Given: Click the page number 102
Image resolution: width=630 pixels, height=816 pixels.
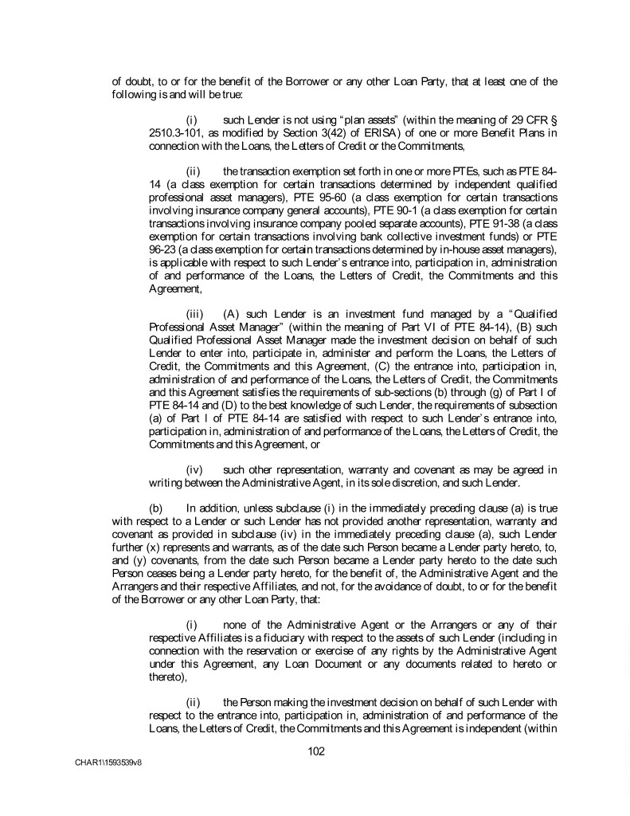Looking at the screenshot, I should [316, 750].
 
